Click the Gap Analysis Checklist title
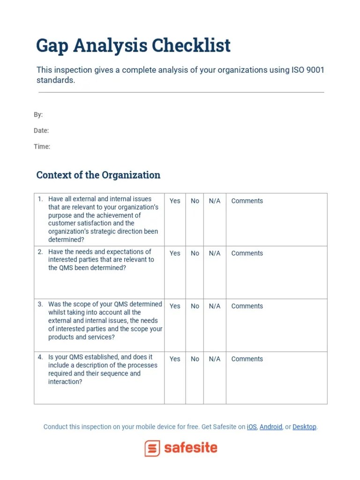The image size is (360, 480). click(x=133, y=46)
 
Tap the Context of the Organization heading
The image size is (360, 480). click(x=98, y=175)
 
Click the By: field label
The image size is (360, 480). click(x=38, y=114)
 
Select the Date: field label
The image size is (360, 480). click(x=41, y=130)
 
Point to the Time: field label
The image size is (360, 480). click(x=42, y=146)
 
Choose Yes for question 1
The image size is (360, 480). click(x=175, y=201)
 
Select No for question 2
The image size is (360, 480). click(x=195, y=253)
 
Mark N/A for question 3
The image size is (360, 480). click(x=215, y=306)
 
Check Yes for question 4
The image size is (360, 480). click(x=175, y=359)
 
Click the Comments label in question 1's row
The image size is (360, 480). click(x=247, y=201)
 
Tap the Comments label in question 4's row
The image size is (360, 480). click(x=247, y=359)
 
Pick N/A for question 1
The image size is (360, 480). click(x=215, y=201)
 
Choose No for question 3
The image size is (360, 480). click(x=195, y=306)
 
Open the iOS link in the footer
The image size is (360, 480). click(x=252, y=427)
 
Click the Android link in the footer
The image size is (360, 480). click(x=271, y=427)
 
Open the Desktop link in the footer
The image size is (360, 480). click(x=304, y=427)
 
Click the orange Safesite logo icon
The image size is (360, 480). click(x=152, y=448)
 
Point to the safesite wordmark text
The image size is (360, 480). click(x=190, y=448)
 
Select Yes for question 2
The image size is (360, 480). click(x=175, y=253)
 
